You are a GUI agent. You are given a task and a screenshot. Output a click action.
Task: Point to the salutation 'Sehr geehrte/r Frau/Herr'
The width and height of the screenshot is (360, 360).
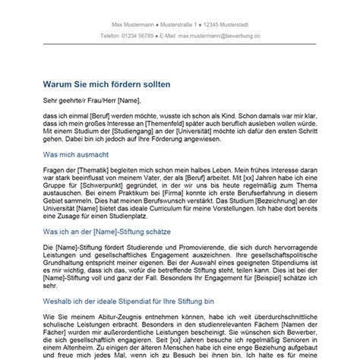[x=75, y=99]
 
